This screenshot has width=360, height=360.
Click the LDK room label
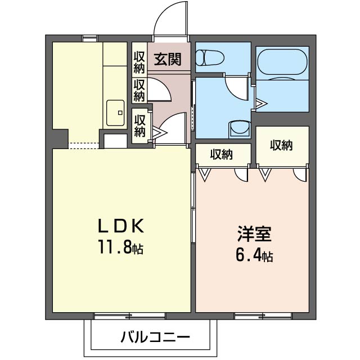122,227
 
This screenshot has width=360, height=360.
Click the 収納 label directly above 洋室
223,154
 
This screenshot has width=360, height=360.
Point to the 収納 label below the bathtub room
281,145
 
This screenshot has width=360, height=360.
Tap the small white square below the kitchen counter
115,141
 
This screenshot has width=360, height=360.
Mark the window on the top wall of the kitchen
89,39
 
